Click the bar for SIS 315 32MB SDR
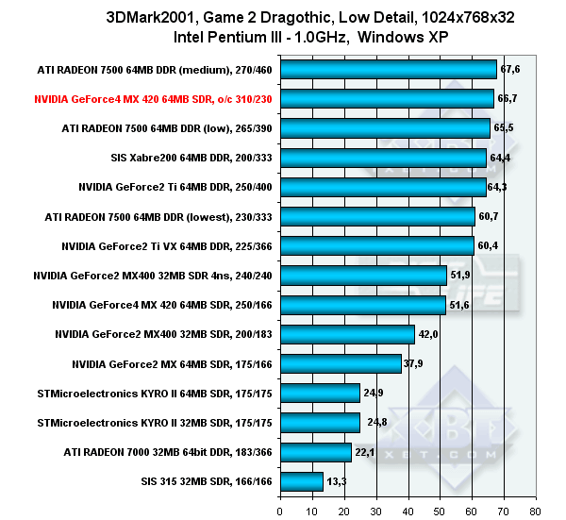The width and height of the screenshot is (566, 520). [302, 481]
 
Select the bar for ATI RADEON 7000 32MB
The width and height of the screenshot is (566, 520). [316, 452]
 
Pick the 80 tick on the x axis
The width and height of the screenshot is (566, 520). [536, 512]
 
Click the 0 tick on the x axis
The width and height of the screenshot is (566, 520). [280, 512]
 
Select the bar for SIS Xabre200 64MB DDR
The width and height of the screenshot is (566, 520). [383, 157]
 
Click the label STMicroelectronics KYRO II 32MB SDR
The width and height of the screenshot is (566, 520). [155, 423]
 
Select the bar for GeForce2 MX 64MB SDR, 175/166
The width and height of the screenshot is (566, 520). [341, 363]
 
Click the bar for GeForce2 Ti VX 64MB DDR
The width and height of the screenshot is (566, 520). [376, 245]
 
